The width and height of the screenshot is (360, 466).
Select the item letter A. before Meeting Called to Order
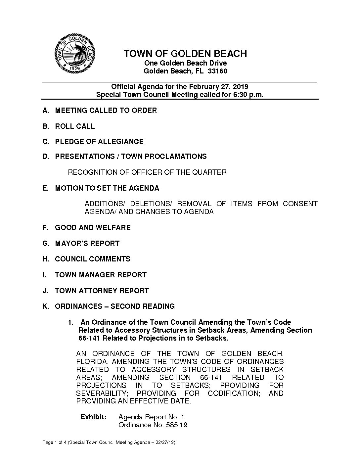(46, 111)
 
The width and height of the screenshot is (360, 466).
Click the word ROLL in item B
(65, 126)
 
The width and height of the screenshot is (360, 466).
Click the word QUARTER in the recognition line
(210, 172)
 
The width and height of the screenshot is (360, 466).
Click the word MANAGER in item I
(96, 275)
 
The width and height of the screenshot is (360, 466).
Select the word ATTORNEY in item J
(101, 291)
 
